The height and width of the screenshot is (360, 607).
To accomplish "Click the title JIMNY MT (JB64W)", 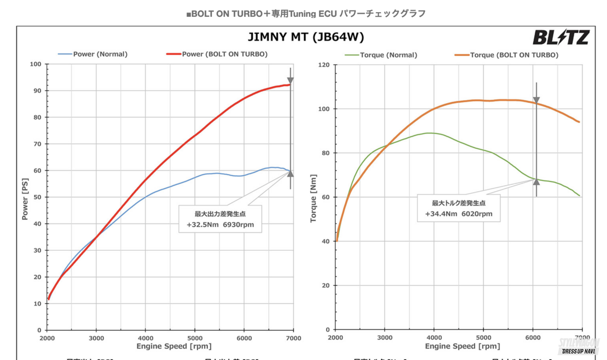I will (306, 37).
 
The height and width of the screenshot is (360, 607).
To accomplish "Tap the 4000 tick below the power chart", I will (146, 338).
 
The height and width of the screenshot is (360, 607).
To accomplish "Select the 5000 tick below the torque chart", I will (483, 338).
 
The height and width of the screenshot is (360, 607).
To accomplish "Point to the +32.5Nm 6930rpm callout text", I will (220, 225).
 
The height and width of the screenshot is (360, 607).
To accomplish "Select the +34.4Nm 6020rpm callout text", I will (459, 214).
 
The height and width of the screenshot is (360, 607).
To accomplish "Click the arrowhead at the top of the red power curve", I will (290, 81).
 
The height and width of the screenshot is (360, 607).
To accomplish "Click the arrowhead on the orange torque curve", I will (536, 100).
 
